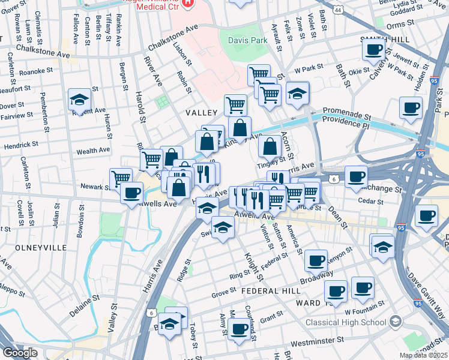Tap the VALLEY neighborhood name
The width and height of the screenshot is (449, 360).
tap(200, 113)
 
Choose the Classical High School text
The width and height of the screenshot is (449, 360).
tap(345, 322)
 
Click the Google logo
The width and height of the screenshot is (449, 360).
tap(20, 353)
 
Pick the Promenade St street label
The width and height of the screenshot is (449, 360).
tap(348, 112)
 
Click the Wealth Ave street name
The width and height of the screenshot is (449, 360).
tap(92, 151)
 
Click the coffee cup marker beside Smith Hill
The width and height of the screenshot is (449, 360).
tap(373, 49)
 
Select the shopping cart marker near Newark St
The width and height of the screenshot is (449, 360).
tap(121, 178)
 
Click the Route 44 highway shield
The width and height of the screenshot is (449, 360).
tap(339, 10)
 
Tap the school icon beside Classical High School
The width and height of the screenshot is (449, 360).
tap(395, 322)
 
